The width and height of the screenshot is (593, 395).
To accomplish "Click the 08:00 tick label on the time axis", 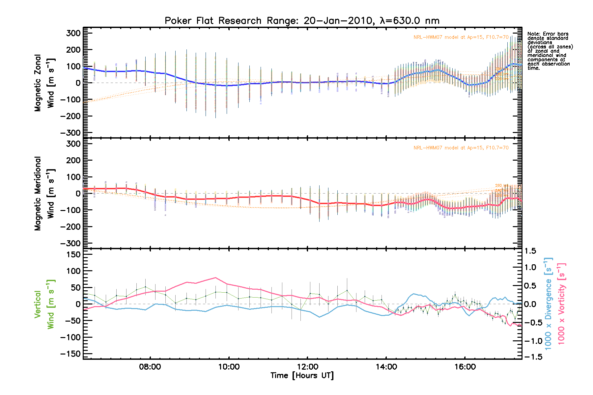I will click(x=150, y=367).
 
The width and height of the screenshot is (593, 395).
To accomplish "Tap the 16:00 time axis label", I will click(x=465, y=367).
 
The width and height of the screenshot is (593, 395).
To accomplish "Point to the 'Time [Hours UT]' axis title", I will click(x=302, y=376).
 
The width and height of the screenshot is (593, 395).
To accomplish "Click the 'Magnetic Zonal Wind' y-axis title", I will click(x=44, y=83).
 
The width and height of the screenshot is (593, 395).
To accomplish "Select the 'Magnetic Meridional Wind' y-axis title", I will click(x=44, y=194).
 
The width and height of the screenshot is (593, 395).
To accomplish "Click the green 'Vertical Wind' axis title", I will click(x=44, y=304).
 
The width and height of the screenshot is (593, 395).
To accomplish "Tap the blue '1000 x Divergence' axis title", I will click(x=548, y=303).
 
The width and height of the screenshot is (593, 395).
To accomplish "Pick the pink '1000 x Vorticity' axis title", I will click(x=561, y=303).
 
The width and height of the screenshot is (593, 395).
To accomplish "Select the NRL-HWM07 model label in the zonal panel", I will click(x=461, y=37).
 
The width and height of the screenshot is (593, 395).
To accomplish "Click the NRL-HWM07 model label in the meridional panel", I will click(x=461, y=148).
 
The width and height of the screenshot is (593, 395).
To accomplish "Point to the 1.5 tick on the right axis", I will click(x=530, y=251).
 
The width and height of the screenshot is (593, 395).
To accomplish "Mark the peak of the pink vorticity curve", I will click(x=215, y=277).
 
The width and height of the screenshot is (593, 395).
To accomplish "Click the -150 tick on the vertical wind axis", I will click(x=71, y=354).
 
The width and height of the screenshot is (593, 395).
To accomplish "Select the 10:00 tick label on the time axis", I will click(x=229, y=367).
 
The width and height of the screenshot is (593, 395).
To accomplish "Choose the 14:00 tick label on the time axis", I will click(x=386, y=367).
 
